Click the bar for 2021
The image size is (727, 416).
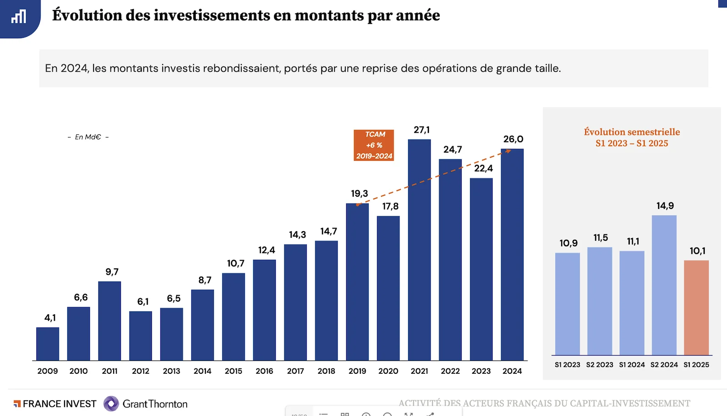click(x=419, y=250)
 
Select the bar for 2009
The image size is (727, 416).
click(x=48, y=344)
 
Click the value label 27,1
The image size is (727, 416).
click(x=422, y=130)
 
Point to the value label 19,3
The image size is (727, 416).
click(x=359, y=193)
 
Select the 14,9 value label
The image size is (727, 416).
click(x=665, y=206)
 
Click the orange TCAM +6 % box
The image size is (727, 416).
click(x=374, y=145)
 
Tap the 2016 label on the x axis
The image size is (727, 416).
click(x=264, y=371)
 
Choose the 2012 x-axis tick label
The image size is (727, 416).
click(x=140, y=371)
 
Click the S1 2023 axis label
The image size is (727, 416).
click(x=567, y=365)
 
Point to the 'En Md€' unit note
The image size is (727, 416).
click(x=88, y=137)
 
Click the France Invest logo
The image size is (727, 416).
click(x=55, y=404)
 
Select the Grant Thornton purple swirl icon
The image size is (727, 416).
click(x=111, y=404)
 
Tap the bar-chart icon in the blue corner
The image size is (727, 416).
click(x=19, y=17)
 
